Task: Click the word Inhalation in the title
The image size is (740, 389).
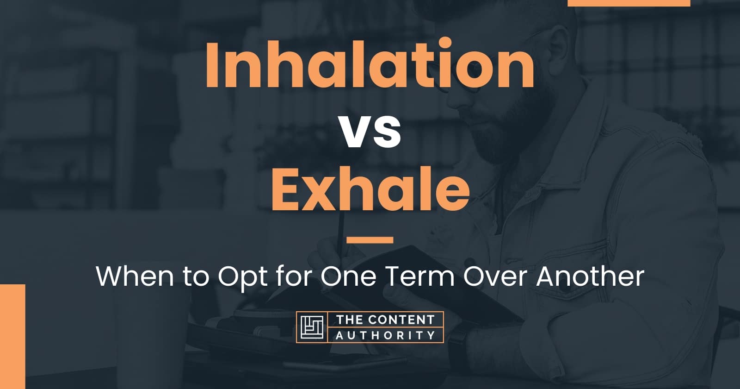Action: (370, 63)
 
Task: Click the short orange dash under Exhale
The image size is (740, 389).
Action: (370, 239)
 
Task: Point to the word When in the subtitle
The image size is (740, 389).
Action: (135, 276)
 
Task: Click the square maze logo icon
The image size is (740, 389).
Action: (312, 327)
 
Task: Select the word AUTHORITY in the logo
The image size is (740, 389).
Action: (385, 335)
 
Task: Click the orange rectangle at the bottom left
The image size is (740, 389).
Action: (12, 336)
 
